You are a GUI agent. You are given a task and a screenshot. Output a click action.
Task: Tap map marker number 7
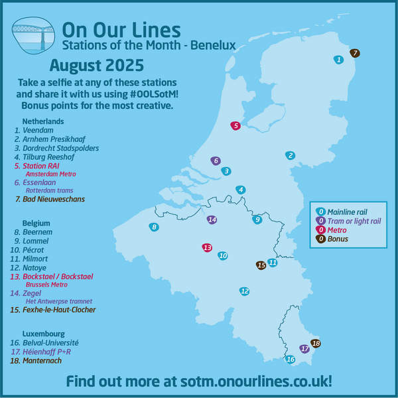click(355, 53)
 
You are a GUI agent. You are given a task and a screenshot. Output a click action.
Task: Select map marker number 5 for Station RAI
click(235, 125)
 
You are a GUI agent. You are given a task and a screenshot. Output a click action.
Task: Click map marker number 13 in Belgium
click(207, 247)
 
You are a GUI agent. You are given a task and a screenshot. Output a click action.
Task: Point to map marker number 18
click(316, 344)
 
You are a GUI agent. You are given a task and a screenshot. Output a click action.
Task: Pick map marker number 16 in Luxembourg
click(290, 360)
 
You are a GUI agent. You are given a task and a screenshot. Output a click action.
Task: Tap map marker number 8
click(155, 228)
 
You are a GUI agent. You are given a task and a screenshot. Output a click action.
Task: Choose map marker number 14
click(212, 220)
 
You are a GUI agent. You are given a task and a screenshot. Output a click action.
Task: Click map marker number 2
click(290, 156)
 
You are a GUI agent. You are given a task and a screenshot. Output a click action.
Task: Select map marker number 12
click(245, 291)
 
